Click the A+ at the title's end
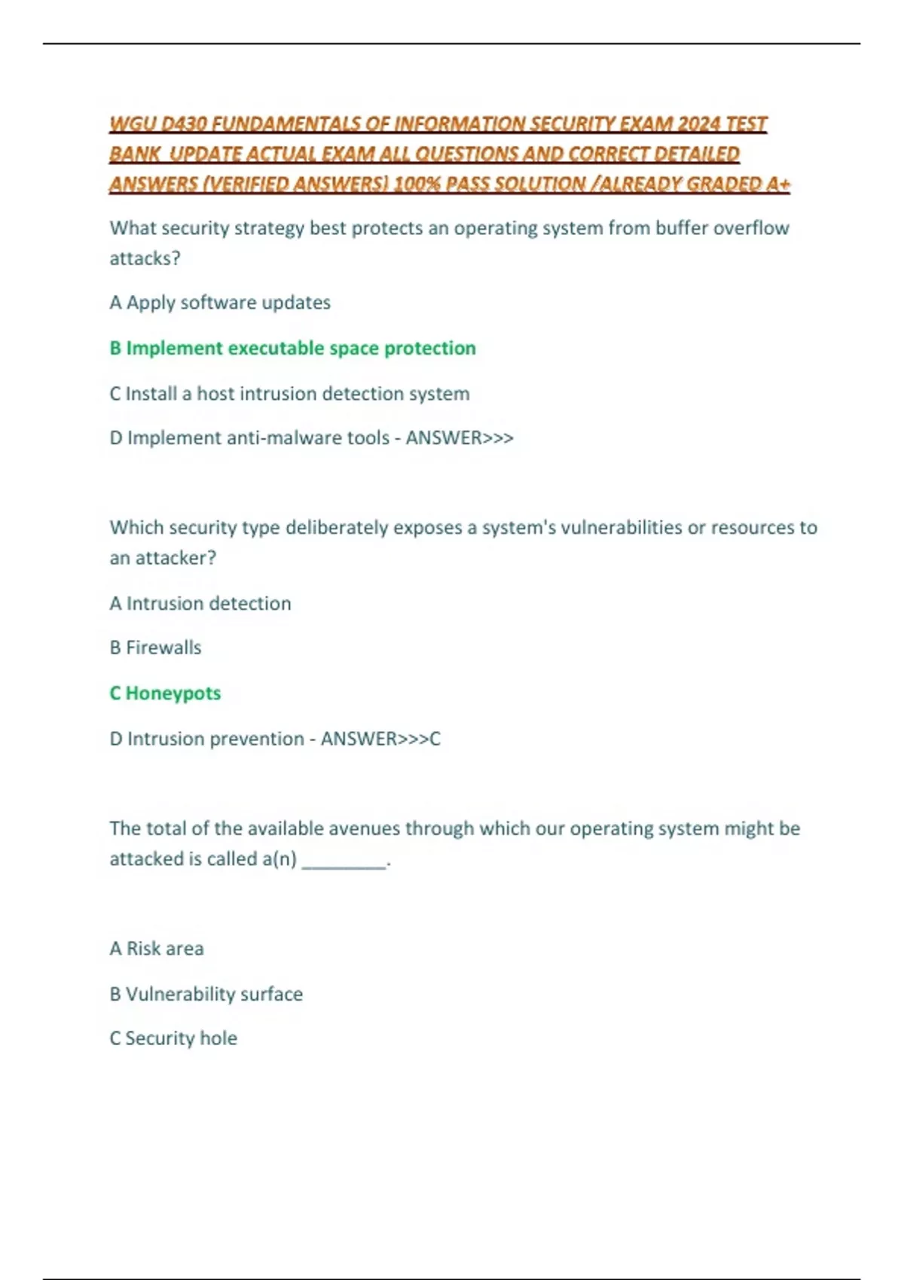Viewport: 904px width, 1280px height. [x=777, y=184]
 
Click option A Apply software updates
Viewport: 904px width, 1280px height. [x=220, y=303]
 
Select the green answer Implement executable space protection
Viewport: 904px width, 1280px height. [x=293, y=348]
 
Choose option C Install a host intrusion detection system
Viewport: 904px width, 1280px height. [x=289, y=394]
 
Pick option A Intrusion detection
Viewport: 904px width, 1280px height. [x=200, y=604]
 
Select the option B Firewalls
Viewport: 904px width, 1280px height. [x=156, y=648]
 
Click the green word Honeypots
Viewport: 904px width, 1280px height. [x=173, y=693]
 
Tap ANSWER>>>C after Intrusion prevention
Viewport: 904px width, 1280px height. [x=380, y=739]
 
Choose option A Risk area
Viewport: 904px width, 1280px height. [x=157, y=949]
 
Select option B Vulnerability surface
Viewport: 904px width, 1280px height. [x=206, y=994]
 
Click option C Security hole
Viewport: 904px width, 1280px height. [x=174, y=1038]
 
